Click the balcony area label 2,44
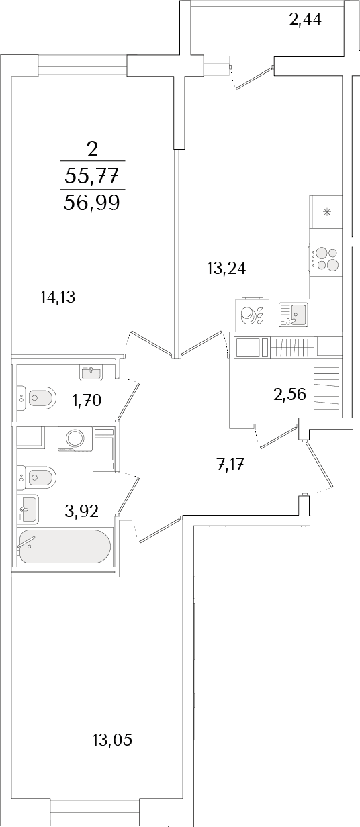(306, 19)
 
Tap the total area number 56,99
(91, 202)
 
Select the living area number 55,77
(91, 175)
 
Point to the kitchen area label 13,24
(226, 269)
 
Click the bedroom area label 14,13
(58, 297)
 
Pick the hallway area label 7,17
(231, 464)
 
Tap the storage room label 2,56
(290, 394)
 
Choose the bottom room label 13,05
(112, 740)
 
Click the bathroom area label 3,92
(81, 511)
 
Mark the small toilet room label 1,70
(87, 400)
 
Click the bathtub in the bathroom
(64, 546)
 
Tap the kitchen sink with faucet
(292, 314)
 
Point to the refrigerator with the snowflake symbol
(326, 212)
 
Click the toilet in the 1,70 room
(36, 398)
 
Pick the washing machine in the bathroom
(75, 438)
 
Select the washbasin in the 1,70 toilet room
(91, 373)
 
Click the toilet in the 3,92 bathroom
(36, 478)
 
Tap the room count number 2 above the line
(92, 150)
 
